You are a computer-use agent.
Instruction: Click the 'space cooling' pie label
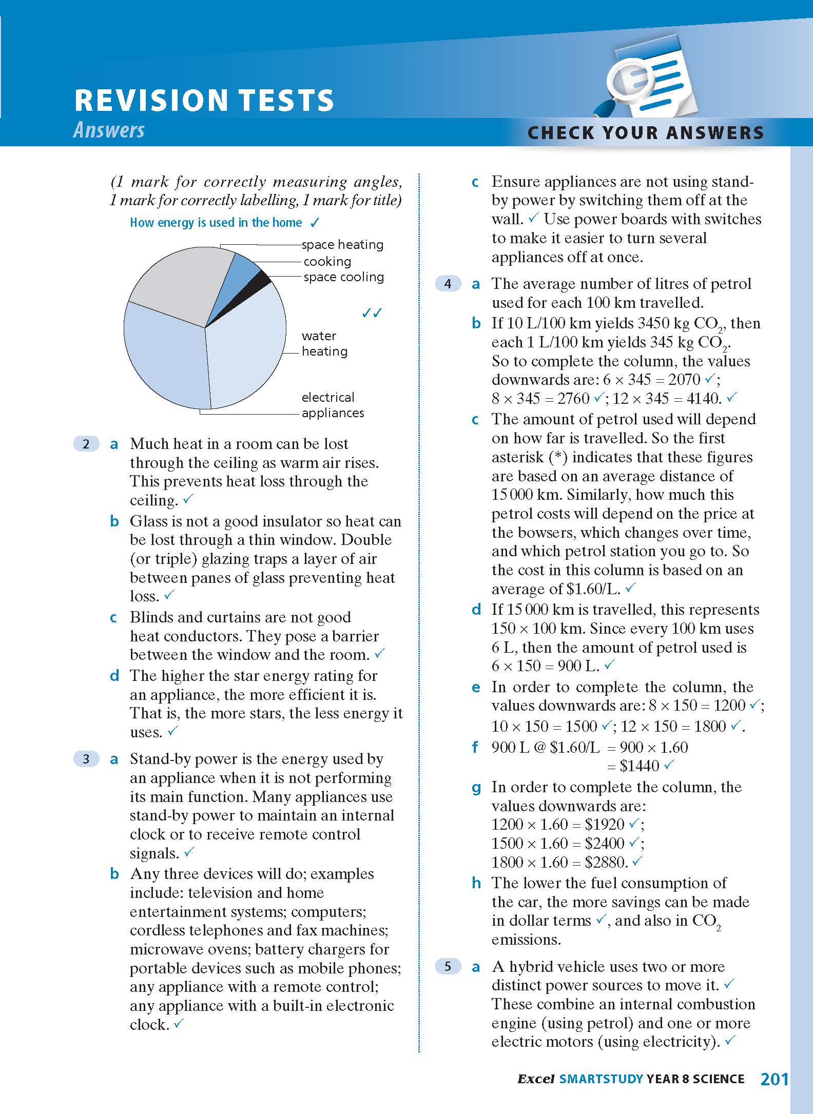(343, 277)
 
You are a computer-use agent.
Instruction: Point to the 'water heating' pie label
(324, 343)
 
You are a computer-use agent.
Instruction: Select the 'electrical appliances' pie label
(333, 405)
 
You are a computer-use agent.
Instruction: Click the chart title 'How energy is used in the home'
(216, 223)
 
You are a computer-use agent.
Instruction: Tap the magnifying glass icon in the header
(626, 82)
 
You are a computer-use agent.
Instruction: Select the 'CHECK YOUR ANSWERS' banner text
(646, 132)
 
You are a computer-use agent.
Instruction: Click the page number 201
(773, 1079)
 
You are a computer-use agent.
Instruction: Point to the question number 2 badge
(86, 444)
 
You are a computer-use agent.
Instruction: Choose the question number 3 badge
(86, 759)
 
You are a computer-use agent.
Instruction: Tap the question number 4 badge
(448, 284)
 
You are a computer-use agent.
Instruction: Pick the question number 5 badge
(448, 967)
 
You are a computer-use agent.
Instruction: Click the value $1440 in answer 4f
(639, 766)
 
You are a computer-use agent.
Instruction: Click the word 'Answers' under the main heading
(109, 130)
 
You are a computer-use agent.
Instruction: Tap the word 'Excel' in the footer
(535, 1080)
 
